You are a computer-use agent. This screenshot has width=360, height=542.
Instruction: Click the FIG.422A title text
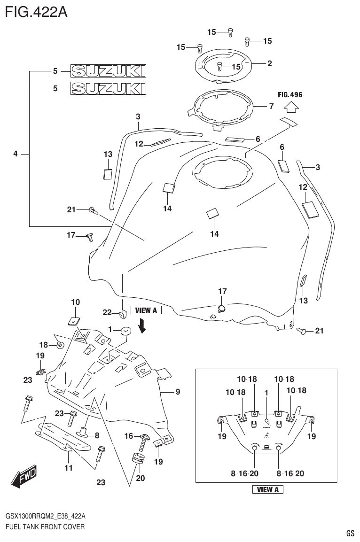(36, 12)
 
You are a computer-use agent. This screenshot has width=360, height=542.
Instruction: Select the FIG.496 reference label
(290, 94)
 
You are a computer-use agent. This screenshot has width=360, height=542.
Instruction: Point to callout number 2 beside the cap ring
(270, 63)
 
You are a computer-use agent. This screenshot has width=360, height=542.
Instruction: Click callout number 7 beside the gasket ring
(271, 106)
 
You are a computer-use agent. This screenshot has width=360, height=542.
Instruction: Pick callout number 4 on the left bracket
(16, 154)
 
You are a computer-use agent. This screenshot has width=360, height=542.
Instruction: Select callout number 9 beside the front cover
(178, 391)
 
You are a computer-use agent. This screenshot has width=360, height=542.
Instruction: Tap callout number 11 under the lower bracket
(69, 467)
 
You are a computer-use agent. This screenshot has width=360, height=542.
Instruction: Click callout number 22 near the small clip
(107, 312)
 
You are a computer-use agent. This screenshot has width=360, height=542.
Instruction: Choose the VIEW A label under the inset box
(268, 490)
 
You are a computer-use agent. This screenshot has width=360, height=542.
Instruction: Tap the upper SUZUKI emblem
(108, 71)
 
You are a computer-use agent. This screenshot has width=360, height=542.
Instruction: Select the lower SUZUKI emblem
(108, 88)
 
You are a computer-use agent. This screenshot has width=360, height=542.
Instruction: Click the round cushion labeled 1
(125, 331)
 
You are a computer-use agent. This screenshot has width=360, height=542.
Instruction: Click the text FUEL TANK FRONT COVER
(45, 527)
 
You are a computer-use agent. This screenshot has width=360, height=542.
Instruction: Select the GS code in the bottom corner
(350, 533)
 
